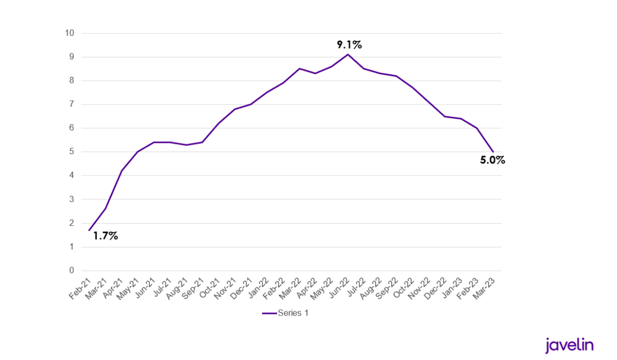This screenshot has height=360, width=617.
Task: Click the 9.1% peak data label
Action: pos(349,45)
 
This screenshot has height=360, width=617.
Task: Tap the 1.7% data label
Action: pos(105,236)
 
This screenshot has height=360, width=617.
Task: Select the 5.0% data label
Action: pos(493,160)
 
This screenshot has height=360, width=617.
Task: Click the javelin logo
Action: pos(569,345)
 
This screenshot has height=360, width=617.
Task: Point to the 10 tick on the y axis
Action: pos(69,33)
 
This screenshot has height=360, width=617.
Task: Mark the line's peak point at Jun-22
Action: pos(347,54)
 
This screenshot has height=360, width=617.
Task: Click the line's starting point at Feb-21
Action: pos(89,231)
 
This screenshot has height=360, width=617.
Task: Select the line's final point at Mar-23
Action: pos(493,152)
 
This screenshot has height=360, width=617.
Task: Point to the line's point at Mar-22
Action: pos(299,69)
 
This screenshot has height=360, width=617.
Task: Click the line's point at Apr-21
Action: pos(122,171)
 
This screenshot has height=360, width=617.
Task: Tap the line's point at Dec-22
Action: pos(444,116)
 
